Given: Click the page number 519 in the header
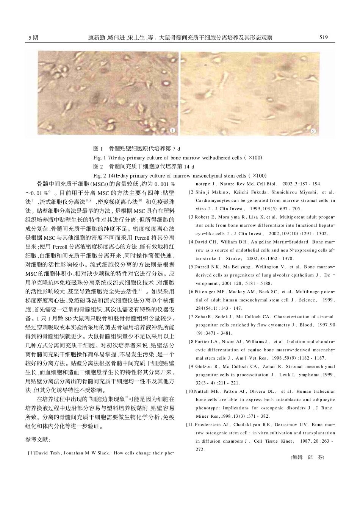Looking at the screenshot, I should point(323,37).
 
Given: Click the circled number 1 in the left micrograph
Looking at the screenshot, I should point(172,131).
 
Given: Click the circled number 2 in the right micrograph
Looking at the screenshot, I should point(313,131).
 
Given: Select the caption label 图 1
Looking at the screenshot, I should point(98,148).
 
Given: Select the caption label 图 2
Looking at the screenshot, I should point(98,167).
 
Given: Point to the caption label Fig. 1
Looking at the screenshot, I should point(99,158).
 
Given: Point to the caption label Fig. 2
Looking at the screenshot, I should point(99,176).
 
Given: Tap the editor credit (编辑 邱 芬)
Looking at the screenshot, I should point(307,457).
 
